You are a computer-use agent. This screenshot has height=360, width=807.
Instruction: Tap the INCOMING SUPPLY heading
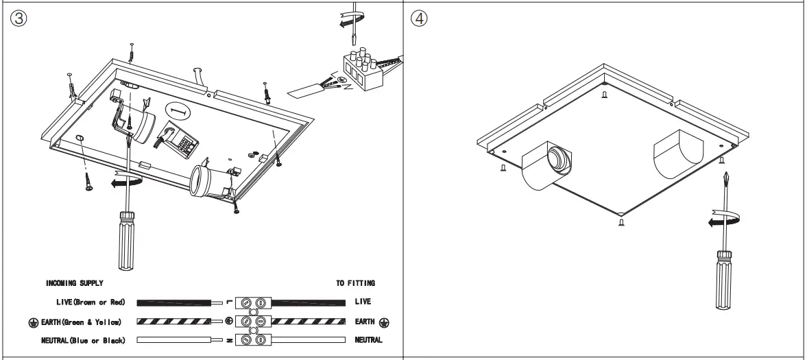(75, 282)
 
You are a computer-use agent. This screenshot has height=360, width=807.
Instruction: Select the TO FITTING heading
(355, 282)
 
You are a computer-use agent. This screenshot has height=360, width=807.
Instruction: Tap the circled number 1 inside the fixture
(178, 111)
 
